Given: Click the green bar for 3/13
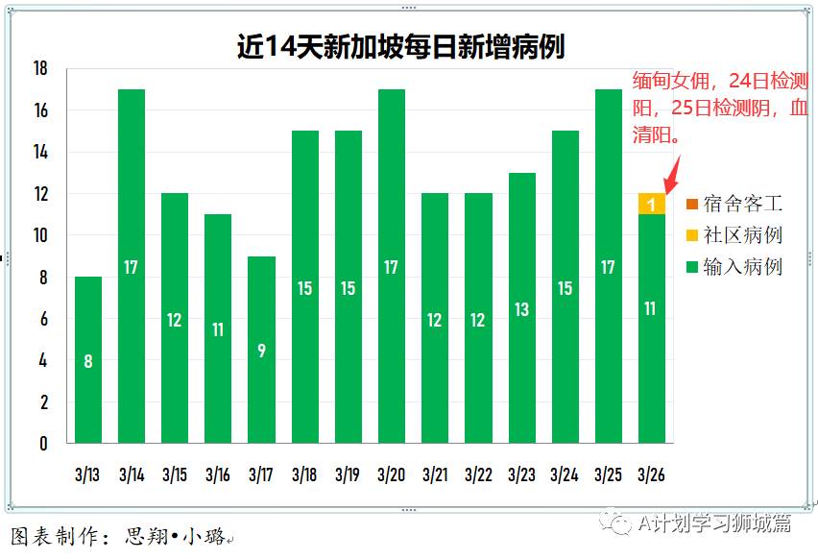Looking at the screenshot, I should pyautogui.click(x=88, y=360).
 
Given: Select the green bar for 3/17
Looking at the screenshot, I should pyautogui.click(x=262, y=350).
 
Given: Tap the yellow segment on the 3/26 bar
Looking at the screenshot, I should pyautogui.click(x=651, y=204).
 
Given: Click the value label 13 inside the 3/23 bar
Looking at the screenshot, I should pyautogui.click(x=521, y=309).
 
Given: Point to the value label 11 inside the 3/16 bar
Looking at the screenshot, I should pyautogui.click(x=218, y=329).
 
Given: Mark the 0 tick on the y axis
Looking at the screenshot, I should pyautogui.click(x=43, y=444).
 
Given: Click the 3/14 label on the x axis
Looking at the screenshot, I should pyautogui.click(x=132, y=474).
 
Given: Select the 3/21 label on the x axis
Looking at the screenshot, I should pyautogui.click(x=435, y=474).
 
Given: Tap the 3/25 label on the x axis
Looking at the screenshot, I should pyautogui.click(x=608, y=474).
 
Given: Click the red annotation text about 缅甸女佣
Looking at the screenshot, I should pyautogui.click(x=719, y=108).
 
